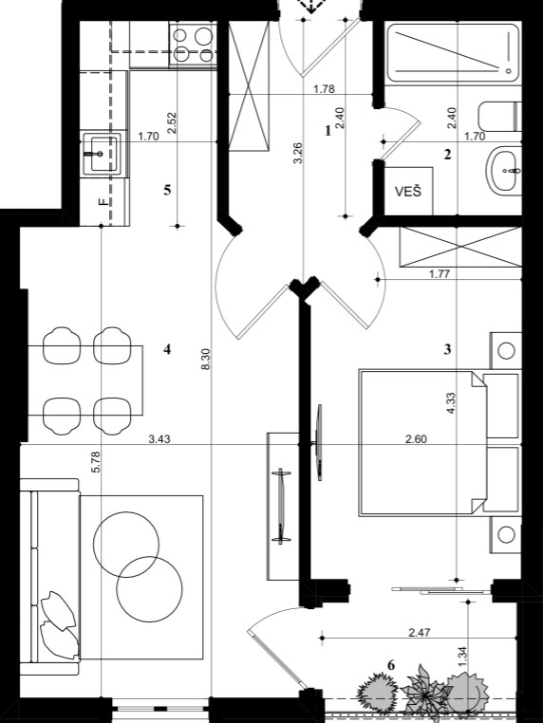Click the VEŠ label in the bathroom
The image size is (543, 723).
(x=408, y=191)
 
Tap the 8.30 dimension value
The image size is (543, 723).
(x=206, y=359)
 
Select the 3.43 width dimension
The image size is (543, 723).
(x=159, y=439)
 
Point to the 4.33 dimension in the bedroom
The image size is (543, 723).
(x=451, y=402)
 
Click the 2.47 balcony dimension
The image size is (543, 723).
(x=420, y=632)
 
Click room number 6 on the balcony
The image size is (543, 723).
(x=391, y=665)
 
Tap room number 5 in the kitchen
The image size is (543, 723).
(x=167, y=190)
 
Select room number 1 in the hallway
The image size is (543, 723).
(x=328, y=131)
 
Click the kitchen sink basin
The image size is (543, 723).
(x=102, y=154)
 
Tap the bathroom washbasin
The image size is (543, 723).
(x=504, y=171)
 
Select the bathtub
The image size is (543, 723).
(x=453, y=53)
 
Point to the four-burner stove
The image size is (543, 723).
(x=194, y=45)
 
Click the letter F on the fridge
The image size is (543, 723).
(x=103, y=201)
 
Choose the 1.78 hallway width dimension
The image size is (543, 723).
(x=324, y=89)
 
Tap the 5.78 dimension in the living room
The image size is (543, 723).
(x=96, y=462)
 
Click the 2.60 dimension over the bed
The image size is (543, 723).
(x=416, y=439)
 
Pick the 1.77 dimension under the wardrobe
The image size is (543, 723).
(x=440, y=274)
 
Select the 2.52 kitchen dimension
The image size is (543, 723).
(x=172, y=123)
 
